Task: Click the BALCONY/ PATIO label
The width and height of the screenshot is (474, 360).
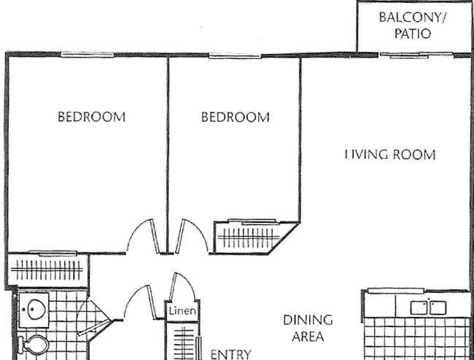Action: click(x=413, y=26)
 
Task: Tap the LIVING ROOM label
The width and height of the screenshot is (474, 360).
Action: click(x=390, y=154)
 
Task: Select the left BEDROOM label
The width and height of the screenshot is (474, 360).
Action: click(x=92, y=117)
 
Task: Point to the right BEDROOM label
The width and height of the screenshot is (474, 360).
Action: click(x=236, y=117)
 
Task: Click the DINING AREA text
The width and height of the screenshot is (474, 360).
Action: click(x=308, y=328)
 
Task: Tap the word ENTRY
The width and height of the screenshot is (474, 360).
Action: click(x=230, y=355)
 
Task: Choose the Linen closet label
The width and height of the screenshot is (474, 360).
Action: click(x=182, y=310)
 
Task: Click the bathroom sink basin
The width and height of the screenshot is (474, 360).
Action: click(x=36, y=309)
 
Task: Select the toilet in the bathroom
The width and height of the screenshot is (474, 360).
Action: click(x=34, y=345)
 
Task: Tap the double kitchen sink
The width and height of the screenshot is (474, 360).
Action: click(x=428, y=308)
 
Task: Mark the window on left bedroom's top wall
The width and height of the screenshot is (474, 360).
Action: click(x=87, y=55)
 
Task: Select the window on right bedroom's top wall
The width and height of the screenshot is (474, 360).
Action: click(x=235, y=56)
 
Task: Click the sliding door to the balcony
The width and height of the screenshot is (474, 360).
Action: click(x=416, y=55)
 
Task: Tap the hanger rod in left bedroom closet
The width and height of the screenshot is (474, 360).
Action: click(x=47, y=270)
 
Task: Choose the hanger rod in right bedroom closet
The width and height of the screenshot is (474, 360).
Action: click(x=249, y=238)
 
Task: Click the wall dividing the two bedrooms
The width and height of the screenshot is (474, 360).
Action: click(x=168, y=154)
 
